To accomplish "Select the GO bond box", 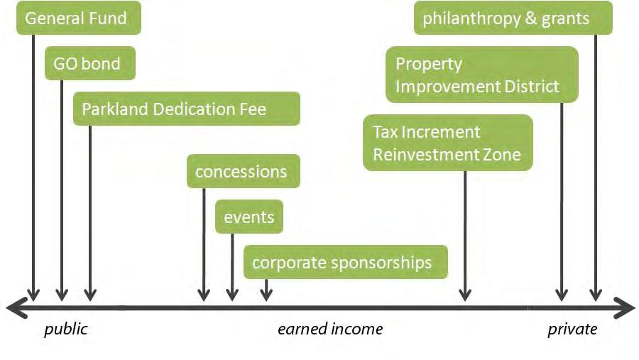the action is click(89, 63).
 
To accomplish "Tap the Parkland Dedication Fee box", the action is click(186, 109).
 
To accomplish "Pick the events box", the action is click(248, 217).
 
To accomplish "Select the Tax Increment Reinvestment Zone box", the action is click(447, 143).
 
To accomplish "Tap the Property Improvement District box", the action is click(481, 75).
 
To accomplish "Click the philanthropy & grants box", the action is click(513, 18).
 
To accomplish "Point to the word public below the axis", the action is click(65, 329).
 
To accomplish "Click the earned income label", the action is click(329, 329).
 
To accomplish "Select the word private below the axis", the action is click(572, 329).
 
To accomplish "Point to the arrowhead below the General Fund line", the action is click(33, 294).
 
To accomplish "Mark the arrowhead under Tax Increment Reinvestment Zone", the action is click(465, 294).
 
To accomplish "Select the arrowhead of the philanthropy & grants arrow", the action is click(596, 294).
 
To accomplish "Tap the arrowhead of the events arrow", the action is click(232, 294).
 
